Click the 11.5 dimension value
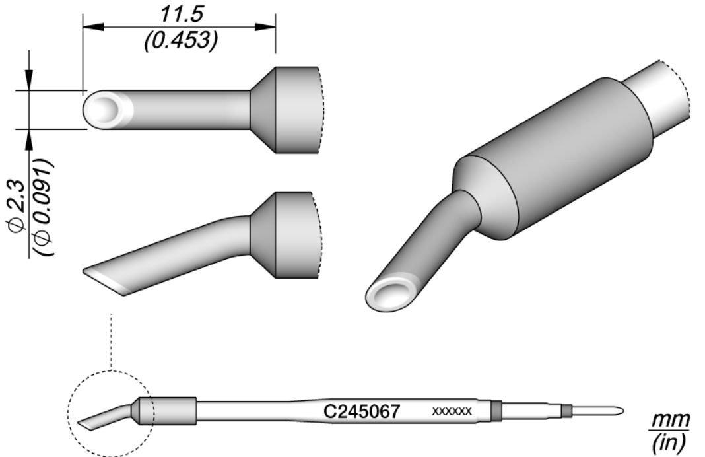coord(178,14)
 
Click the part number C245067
coord(361,411)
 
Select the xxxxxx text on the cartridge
coord(452,411)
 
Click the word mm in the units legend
coord(671,421)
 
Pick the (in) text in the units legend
coord(671,439)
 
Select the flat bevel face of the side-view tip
coord(106,281)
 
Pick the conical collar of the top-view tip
coord(262,110)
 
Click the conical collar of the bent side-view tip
coord(262,234)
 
